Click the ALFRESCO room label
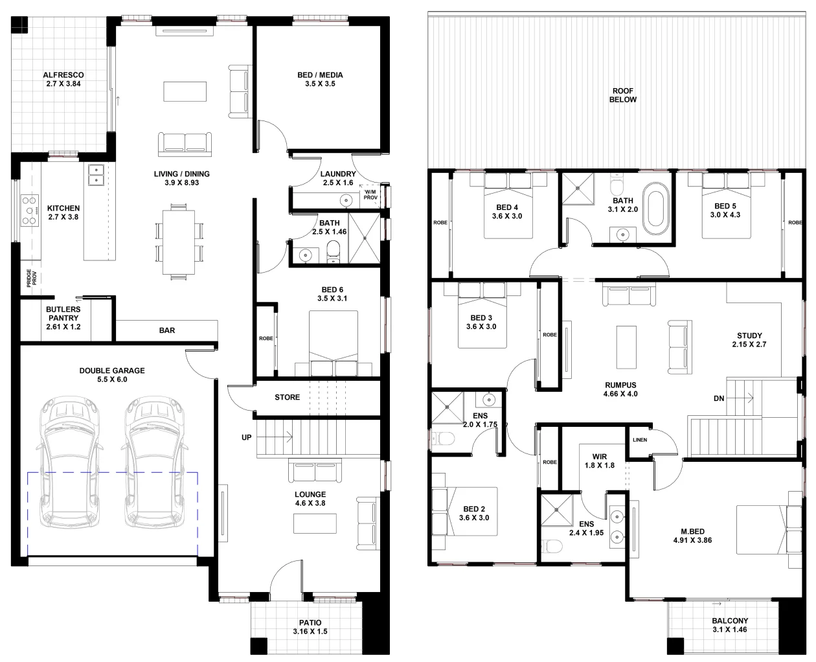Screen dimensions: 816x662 [63, 75]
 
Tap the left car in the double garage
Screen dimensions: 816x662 [69, 462]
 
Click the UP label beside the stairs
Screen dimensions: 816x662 [246, 437]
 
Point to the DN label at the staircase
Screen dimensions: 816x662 [719, 398]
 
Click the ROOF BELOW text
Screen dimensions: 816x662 [623, 95]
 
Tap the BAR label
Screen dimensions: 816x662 [167, 330]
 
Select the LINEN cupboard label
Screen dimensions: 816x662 [640, 440]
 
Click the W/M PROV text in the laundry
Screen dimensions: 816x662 [370, 194]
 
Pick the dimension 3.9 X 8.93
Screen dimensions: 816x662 [182, 183]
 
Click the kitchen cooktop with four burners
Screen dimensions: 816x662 [30, 211]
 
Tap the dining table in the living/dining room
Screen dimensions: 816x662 [179, 242]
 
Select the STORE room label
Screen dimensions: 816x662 [288, 397]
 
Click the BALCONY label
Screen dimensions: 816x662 [730, 621]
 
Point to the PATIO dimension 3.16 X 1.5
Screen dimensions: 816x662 [310, 632]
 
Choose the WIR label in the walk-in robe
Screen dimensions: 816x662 [600, 457]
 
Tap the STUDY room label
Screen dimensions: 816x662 [749, 336]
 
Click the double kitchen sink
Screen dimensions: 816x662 [96, 175]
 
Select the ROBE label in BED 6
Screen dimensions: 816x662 [266, 338]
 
